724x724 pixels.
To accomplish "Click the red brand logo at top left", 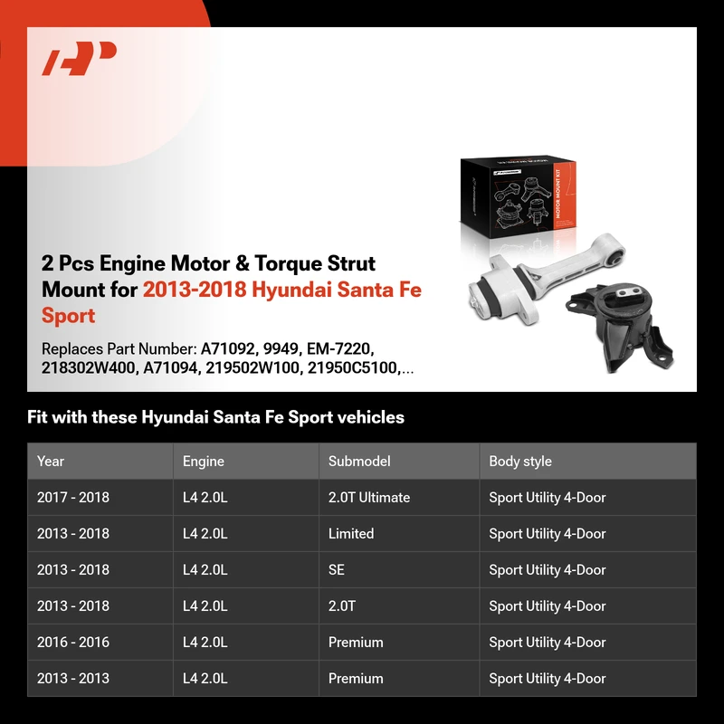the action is tap(79, 58).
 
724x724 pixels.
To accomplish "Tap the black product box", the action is tap(518, 197).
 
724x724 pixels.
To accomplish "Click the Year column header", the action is tap(51, 461).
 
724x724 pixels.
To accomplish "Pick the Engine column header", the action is tap(203, 461).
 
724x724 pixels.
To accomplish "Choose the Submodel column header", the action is tap(359, 461).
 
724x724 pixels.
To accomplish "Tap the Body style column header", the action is tap(519, 461).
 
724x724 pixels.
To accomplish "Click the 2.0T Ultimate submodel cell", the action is tap(369, 497).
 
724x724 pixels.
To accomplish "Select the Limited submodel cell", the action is tap(351, 533).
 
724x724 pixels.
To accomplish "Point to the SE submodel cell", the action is tap(336, 570).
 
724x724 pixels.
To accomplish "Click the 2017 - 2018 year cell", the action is tap(73, 497).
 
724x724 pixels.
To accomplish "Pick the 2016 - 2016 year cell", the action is tap(73, 642).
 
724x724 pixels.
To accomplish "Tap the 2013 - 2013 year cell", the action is tap(73, 678).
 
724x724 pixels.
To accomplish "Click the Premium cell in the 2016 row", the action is tap(356, 642).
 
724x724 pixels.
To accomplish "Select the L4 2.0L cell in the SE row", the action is tap(205, 570).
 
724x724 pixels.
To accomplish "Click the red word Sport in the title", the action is tap(69, 315).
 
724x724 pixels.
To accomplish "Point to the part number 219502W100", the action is tap(252, 367).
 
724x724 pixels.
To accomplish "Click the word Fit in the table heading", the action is tap(37, 417).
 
